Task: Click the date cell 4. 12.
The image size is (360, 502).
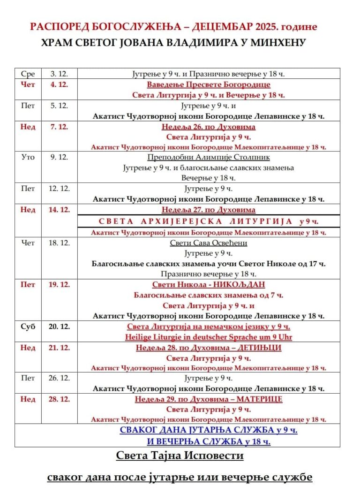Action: point(60,85)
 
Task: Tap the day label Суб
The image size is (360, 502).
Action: point(28,327)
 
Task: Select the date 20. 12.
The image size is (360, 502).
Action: point(60,327)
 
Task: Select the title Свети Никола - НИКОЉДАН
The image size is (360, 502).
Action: point(209,285)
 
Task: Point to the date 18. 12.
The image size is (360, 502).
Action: point(60,243)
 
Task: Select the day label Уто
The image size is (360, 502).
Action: point(28,157)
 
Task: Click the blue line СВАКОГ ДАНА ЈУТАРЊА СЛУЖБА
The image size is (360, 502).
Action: point(209,430)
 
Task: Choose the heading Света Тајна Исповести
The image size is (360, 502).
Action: point(180,456)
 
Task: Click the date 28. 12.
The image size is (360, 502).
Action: point(60,399)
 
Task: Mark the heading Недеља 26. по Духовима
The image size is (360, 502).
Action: point(209,127)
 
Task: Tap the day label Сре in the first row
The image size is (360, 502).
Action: point(28,74)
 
